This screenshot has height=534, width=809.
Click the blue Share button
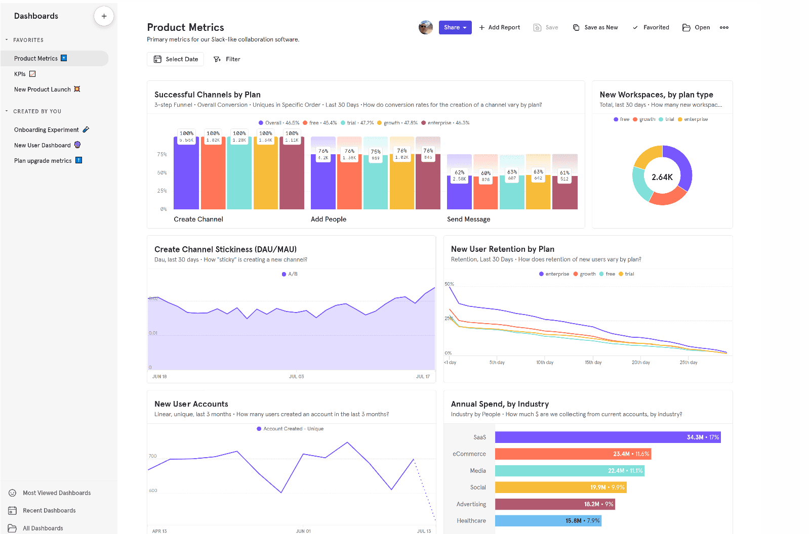pyautogui.click(x=455, y=27)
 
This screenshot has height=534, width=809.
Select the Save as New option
pyautogui.click(x=595, y=27)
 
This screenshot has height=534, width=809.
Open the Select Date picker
pyautogui.click(x=176, y=59)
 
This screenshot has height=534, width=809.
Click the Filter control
pyautogui.click(x=227, y=59)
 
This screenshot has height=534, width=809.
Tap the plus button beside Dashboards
pyautogui.click(x=104, y=16)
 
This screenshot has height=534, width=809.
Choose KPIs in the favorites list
pyautogui.click(x=20, y=74)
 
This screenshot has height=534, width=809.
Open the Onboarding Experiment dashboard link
pyautogui.click(x=47, y=130)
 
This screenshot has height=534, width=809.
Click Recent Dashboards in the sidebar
pyautogui.click(x=49, y=511)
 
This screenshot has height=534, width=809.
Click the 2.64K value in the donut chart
pyautogui.click(x=662, y=177)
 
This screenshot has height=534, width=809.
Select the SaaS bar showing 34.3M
pyautogui.click(x=608, y=437)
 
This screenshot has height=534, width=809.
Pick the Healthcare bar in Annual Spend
pyautogui.click(x=548, y=521)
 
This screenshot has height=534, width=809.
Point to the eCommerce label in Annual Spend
pyautogui.click(x=469, y=454)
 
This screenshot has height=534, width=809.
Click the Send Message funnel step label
pyautogui.click(x=469, y=219)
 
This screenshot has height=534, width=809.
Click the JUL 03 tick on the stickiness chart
pyautogui.click(x=297, y=377)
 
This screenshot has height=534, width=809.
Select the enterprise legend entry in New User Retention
pyautogui.click(x=554, y=274)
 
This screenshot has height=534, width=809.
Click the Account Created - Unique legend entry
pyautogui.click(x=290, y=429)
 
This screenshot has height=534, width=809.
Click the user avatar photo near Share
pyautogui.click(x=426, y=27)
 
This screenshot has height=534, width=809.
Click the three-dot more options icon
pyautogui.click(x=724, y=27)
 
